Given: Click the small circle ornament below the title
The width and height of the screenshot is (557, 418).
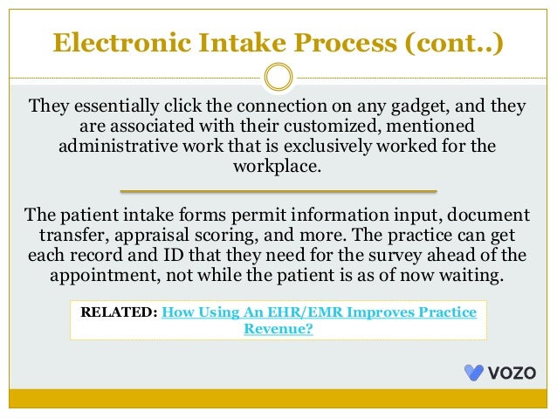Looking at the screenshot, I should pyautogui.click(x=278, y=76).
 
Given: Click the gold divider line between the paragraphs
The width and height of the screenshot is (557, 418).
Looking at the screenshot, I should pyautogui.click(x=278, y=189).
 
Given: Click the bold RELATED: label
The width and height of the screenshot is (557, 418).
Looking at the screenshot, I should pyautogui.click(x=120, y=312).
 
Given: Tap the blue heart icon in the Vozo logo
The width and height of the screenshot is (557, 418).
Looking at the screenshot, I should pyautogui.click(x=474, y=373).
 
